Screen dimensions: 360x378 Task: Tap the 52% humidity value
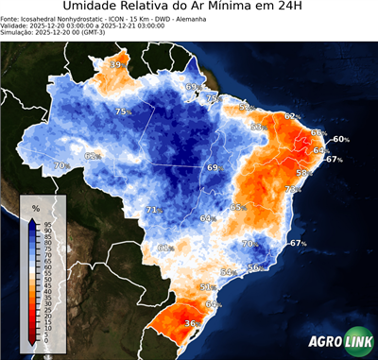click(246, 108)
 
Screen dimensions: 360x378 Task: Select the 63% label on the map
click(257, 127)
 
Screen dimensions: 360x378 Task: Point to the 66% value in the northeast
click(318, 133)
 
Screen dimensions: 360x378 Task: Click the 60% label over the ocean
click(340, 140)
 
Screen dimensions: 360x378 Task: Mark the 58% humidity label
click(303, 173)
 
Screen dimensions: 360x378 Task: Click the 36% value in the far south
click(191, 323)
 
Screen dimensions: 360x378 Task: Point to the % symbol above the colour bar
click(36, 207)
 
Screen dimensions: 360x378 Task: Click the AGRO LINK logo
click(335, 344)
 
